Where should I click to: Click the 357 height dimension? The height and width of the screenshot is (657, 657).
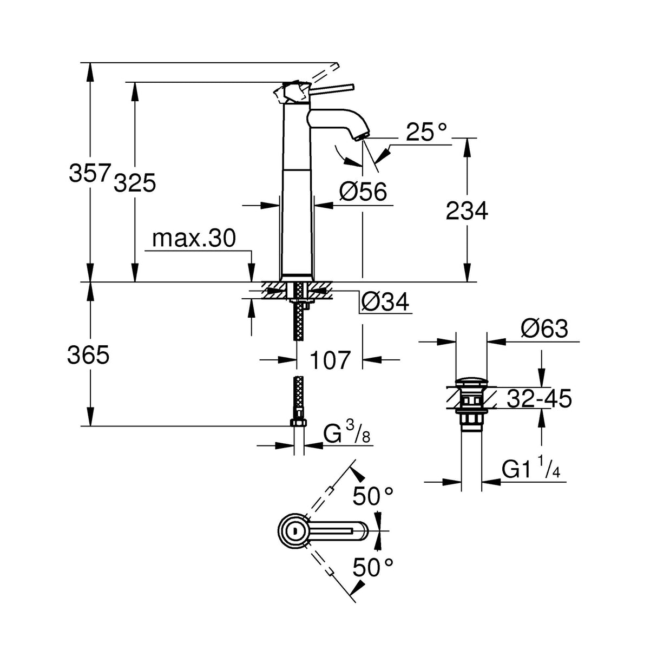pyautogui.click(x=89, y=173)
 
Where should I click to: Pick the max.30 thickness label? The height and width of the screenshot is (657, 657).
pyautogui.click(x=194, y=238)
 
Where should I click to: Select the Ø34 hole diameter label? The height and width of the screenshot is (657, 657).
pyautogui.click(x=384, y=302)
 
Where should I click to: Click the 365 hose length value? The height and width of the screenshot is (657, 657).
pyautogui.click(x=88, y=355)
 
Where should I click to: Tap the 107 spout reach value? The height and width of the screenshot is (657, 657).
pyautogui.click(x=330, y=359)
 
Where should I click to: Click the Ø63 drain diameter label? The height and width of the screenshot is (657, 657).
pyautogui.click(x=544, y=328)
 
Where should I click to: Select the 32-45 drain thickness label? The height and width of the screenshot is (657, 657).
pyautogui.click(x=539, y=399)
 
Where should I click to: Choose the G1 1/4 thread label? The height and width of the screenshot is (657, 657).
pyautogui.click(x=530, y=469)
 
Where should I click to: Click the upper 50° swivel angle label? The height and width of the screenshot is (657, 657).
pyautogui.click(x=373, y=495)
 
